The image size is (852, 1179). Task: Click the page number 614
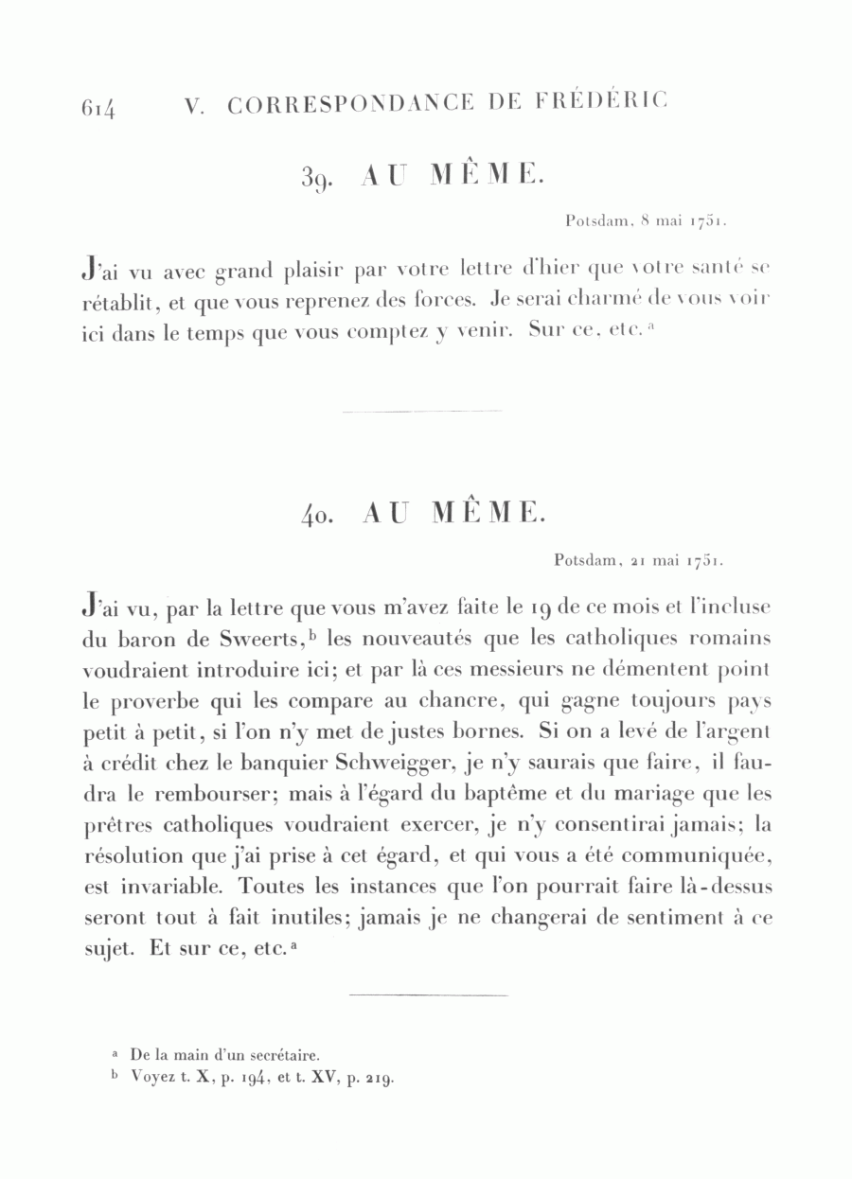[98, 106]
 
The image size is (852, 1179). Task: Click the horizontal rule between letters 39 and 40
[422, 411]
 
